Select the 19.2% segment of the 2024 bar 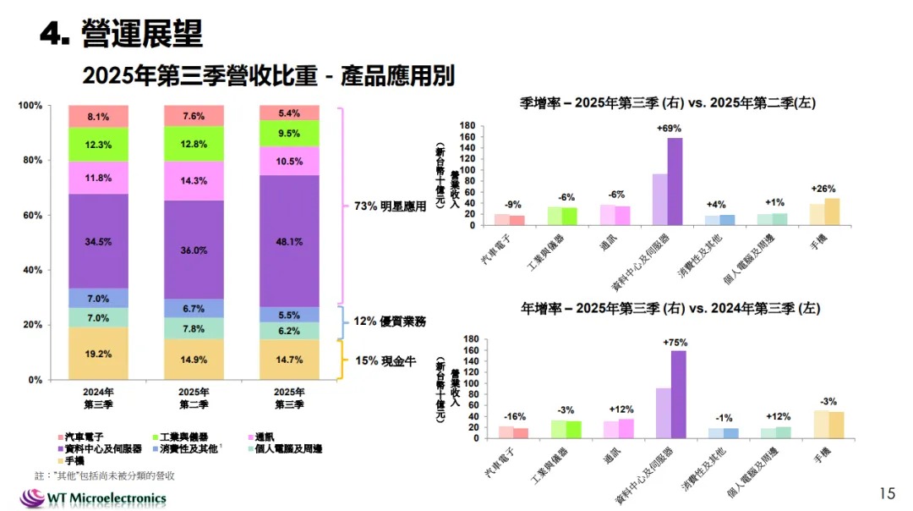click(99, 354)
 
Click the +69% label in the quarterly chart click(668, 129)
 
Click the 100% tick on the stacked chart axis click(30, 106)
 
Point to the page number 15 click(887, 492)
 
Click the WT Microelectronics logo click(93, 497)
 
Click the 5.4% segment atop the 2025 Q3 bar click(290, 113)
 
